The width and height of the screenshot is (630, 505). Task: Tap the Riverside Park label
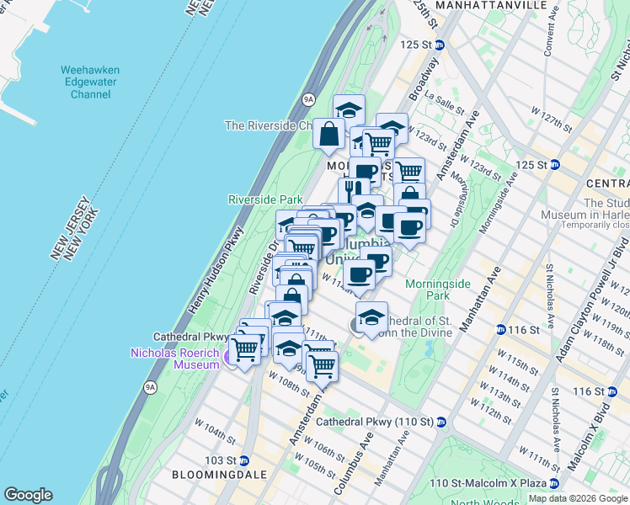(265, 199)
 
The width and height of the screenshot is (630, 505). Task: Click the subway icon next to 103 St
(244, 460)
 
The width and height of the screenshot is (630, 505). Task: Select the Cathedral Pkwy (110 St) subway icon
(440, 422)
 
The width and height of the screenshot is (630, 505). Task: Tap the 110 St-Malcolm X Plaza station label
(488, 483)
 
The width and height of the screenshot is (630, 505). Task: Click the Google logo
(28, 495)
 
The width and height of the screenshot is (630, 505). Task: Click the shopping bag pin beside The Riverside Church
(328, 134)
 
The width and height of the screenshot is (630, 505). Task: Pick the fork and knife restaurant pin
(353, 192)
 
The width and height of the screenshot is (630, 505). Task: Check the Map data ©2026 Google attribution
(578, 498)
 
